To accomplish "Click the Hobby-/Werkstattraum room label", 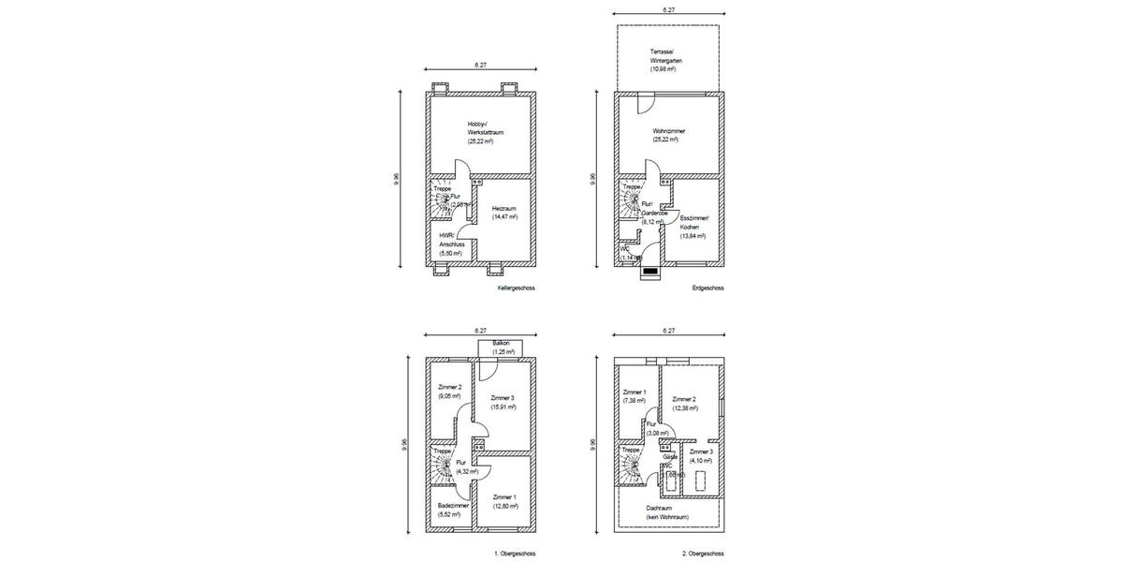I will click(x=487, y=132).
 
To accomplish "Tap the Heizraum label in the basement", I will click(x=504, y=213).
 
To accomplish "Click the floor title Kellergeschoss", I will click(x=517, y=288).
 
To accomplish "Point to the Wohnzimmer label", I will click(x=669, y=135).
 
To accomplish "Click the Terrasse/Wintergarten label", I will click(x=666, y=60).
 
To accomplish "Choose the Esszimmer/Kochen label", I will click(x=693, y=228).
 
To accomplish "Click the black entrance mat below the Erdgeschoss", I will click(x=650, y=273).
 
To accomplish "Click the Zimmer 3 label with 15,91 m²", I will click(x=503, y=403).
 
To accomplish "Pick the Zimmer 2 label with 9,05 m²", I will click(x=450, y=392).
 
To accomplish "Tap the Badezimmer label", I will click(x=454, y=510).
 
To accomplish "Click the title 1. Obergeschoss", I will click(x=515, y=554).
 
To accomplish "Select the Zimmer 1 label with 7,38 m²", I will click(x=635, y=396).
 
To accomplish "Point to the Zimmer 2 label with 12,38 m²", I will click(x=685, y=404).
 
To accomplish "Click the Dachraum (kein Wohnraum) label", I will click(x=666, y=512).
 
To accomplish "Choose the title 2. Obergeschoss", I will click(x=703, y=554).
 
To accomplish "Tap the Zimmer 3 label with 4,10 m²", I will click(x=701, y=456).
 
